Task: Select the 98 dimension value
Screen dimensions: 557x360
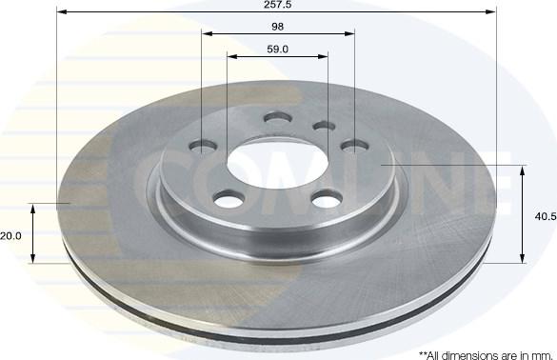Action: pos(277,27)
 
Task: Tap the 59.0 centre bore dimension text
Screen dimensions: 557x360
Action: pos(277,50)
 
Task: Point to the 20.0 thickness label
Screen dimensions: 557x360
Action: pos(11,235)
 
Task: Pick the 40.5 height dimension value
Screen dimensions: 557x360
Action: pos(546,216)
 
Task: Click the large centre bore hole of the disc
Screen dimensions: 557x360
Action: pos(277,164)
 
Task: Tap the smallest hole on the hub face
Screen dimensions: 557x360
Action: pos(324,126)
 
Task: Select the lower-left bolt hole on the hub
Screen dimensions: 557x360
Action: pos(229,199)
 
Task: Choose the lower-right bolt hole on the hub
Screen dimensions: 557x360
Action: pos(328,199)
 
